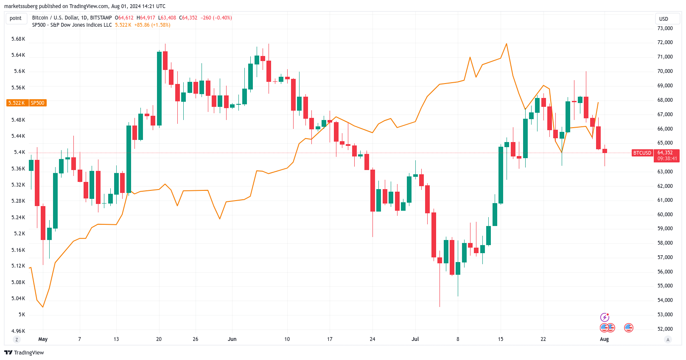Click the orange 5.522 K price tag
17,103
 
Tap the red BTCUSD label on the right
642,153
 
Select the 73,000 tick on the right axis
665,28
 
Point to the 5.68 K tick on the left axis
18,39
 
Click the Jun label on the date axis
232,339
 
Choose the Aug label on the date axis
604,339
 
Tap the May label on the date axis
43,339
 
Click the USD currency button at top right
664,19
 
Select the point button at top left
16,18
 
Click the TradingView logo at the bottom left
24,353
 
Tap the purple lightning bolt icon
605,318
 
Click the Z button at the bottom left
17,339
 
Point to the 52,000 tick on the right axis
665,329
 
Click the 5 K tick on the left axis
22,315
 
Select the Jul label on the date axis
415,339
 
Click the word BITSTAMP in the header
101,18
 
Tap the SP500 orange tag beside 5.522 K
37,103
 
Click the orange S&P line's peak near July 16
507,44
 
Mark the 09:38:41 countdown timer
667,159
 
